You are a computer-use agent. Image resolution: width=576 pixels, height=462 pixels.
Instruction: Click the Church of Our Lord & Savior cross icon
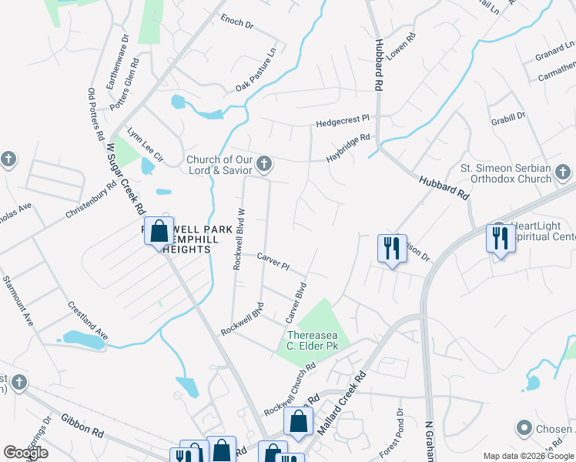[264, 163]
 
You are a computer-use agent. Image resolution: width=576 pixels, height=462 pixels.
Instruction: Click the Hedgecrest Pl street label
[343, 122]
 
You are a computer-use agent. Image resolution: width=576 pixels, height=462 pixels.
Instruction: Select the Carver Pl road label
[273, 262]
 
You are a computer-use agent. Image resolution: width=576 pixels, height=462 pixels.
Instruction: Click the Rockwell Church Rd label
[290, 391]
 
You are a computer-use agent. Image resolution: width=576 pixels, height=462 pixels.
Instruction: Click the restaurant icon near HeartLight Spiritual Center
[501, 239]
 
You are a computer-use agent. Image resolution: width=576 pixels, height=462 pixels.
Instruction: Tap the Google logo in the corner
[25, 453]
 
